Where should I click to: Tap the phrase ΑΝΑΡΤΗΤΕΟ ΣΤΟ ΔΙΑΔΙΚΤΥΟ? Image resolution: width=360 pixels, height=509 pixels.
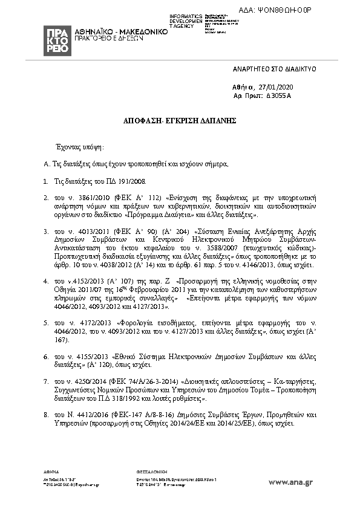point(274,69)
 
